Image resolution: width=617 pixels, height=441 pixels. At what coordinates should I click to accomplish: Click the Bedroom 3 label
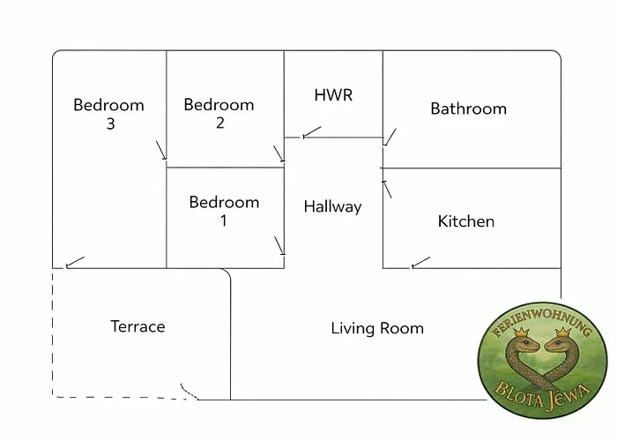tap(108, 114)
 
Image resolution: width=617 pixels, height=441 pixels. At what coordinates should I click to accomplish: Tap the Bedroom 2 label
tap(219, 114)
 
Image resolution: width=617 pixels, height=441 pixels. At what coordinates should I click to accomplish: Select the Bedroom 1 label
tap(224, 211)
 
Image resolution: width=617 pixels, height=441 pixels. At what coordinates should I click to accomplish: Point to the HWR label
tap(333, 95)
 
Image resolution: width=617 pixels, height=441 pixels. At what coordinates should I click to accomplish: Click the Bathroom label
tap(468, 108)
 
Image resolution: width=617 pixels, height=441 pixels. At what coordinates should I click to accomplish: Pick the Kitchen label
tap(465, 221)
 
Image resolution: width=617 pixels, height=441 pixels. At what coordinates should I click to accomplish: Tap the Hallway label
tap(332, 206)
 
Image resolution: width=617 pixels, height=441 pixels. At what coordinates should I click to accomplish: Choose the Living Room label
tap(377, 328)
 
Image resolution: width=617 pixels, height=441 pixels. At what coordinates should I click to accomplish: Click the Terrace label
tap(138, 326)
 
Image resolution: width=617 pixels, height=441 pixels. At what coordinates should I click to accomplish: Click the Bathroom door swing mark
tap(390, 137)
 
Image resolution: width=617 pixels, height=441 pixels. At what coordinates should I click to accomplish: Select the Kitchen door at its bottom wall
tap(420, 262)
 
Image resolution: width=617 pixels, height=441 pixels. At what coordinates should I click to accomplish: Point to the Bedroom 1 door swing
tap(279, 244)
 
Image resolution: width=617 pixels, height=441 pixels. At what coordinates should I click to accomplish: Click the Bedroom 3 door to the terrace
tap(75, 262)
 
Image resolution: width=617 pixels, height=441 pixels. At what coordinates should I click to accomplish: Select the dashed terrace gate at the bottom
tap(188, 391)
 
